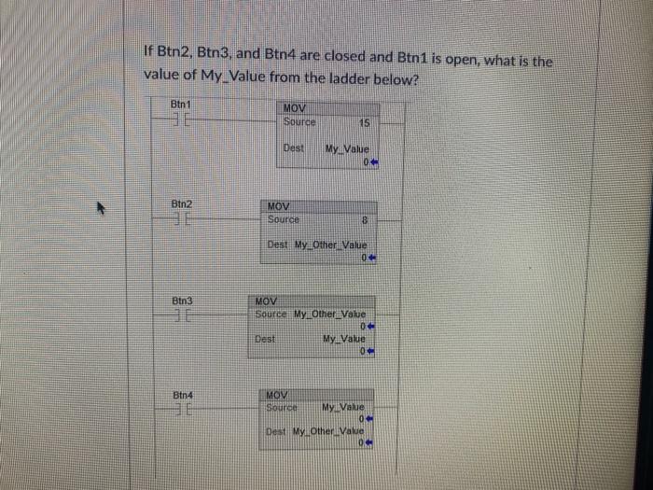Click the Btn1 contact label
click(181, 104)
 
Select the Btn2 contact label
click(182, 203)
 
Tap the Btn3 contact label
click(183, 301)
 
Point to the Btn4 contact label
click(183, 396)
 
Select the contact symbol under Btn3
click(183, 318)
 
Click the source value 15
click(365, 122)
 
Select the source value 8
click(367, 221)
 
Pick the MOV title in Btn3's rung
click(267, 302)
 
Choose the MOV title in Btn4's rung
click(277, 397)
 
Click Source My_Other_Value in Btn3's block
click(312, 315)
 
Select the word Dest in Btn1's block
click(293, 148)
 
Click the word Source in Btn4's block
click(282, 408)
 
